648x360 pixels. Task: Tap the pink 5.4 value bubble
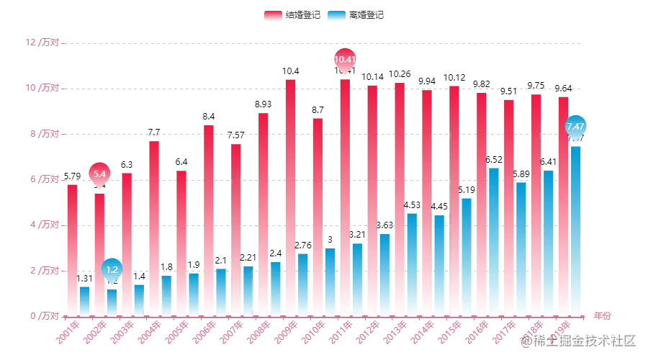pos(99,174)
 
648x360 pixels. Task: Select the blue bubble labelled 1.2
pos(112,270)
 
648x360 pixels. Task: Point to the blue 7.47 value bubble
pos(576,127)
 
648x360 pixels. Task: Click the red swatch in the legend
pos(271,15)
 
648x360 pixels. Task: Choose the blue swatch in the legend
pos(336,15)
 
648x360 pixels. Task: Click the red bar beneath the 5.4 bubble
pos(99,252)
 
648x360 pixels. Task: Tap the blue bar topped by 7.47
pos(576,230)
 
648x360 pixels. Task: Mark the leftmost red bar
pos(72,248)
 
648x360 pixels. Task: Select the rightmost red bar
pos(562,205)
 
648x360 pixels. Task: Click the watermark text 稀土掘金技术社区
pos(582,339)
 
